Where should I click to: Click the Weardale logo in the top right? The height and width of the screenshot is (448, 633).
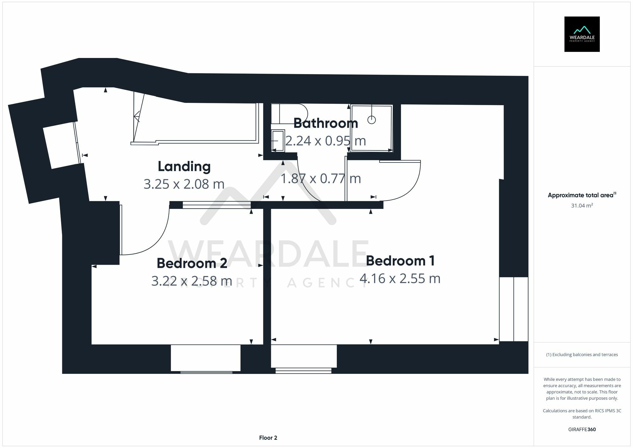point(582,34)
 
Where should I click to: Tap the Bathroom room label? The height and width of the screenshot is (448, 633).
point(325,123)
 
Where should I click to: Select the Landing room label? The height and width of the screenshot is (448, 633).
point(184,167)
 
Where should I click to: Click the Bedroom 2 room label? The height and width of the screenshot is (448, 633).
point(192,263)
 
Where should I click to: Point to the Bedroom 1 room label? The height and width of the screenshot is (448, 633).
point(400,261)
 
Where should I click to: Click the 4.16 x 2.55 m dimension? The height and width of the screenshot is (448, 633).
point(400,279)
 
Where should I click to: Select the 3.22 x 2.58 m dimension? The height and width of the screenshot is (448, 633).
point(191,281)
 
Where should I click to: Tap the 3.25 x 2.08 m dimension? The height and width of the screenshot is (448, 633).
point(184,184)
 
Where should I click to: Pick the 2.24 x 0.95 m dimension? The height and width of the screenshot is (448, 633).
point(325,141)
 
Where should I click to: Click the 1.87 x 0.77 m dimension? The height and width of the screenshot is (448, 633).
point(321,179)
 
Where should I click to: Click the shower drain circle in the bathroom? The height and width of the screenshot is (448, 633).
point(371,120)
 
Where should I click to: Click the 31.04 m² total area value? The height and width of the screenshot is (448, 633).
point(582,205)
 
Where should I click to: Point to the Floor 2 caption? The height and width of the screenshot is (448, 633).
point(268,438)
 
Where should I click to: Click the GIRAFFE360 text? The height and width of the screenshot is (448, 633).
point(582,429)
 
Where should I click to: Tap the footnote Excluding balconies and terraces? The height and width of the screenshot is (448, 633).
point(582,355)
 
